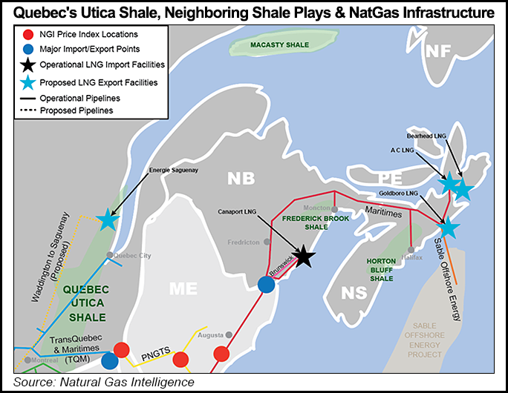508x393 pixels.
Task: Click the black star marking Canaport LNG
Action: pos(303,257)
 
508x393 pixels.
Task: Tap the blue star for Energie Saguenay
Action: pos(108,219)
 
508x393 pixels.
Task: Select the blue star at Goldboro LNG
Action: pos(449,228)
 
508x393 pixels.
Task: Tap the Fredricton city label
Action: pos(244,242)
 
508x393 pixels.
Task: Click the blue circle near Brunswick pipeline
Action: pos(267,284)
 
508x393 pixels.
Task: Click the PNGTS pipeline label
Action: pos(153,361)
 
